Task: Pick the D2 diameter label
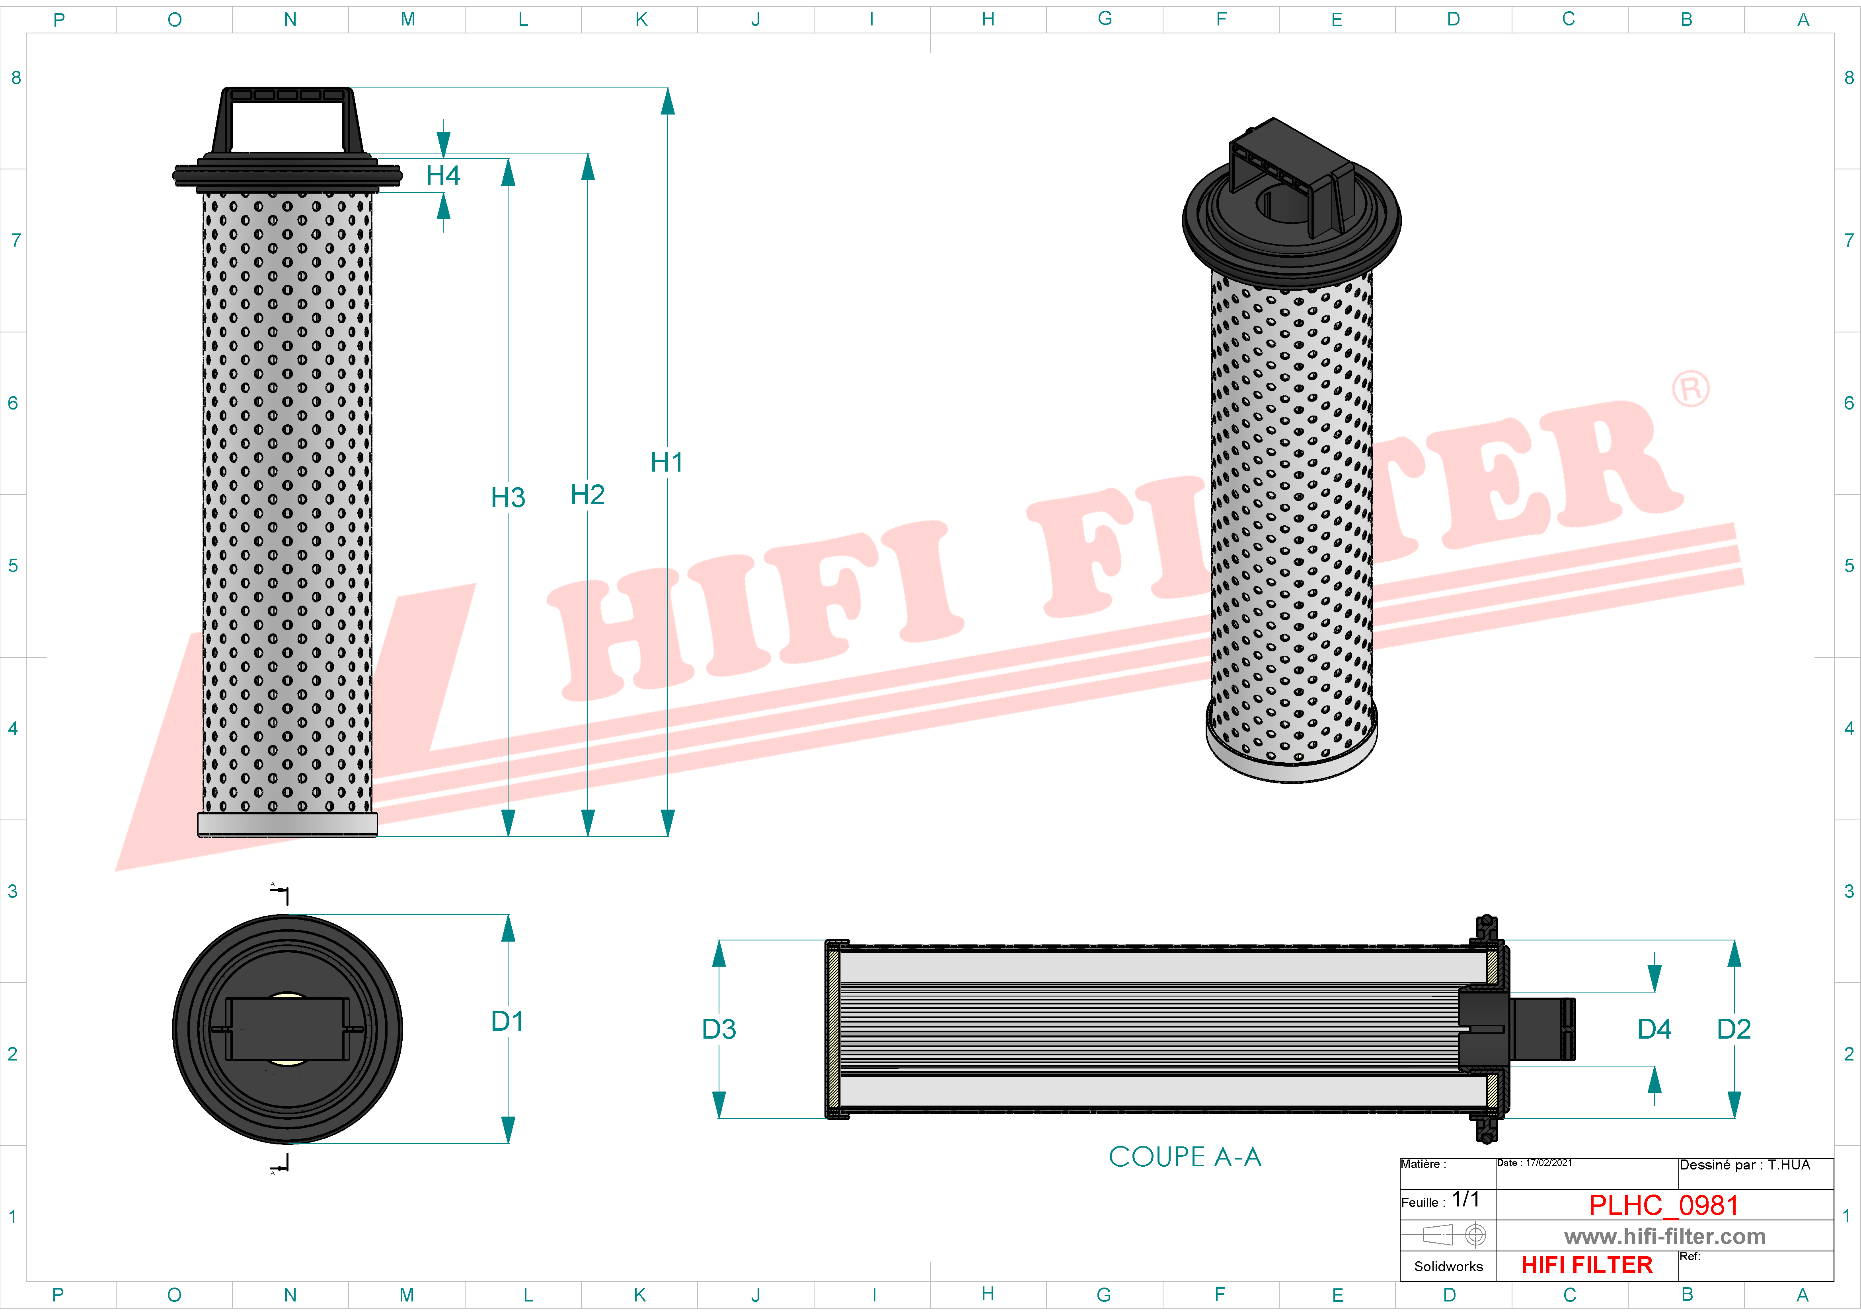(x=1734, y=1029)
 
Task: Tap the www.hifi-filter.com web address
(x=1664, y=1236)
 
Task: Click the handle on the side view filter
(x=288, y=117)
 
